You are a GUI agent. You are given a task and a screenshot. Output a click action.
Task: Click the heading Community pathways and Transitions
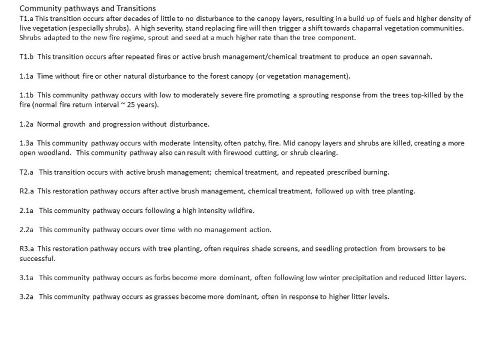[88, 8]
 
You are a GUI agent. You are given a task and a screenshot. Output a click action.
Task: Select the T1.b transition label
[26, 56]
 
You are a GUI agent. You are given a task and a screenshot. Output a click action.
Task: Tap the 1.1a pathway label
[26, 76]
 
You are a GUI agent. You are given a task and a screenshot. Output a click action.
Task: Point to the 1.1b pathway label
[26, 95]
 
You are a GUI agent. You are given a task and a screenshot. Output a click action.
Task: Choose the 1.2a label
[26, 124]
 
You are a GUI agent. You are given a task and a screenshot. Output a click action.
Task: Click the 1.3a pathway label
[26, 143]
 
